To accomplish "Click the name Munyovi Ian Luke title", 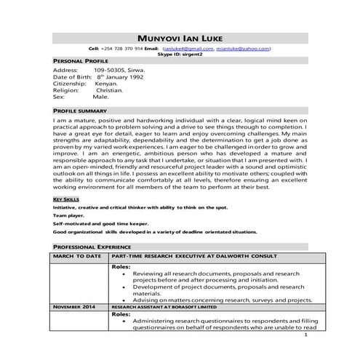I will coord(180,38).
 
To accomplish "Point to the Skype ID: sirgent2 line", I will coord(180,54).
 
